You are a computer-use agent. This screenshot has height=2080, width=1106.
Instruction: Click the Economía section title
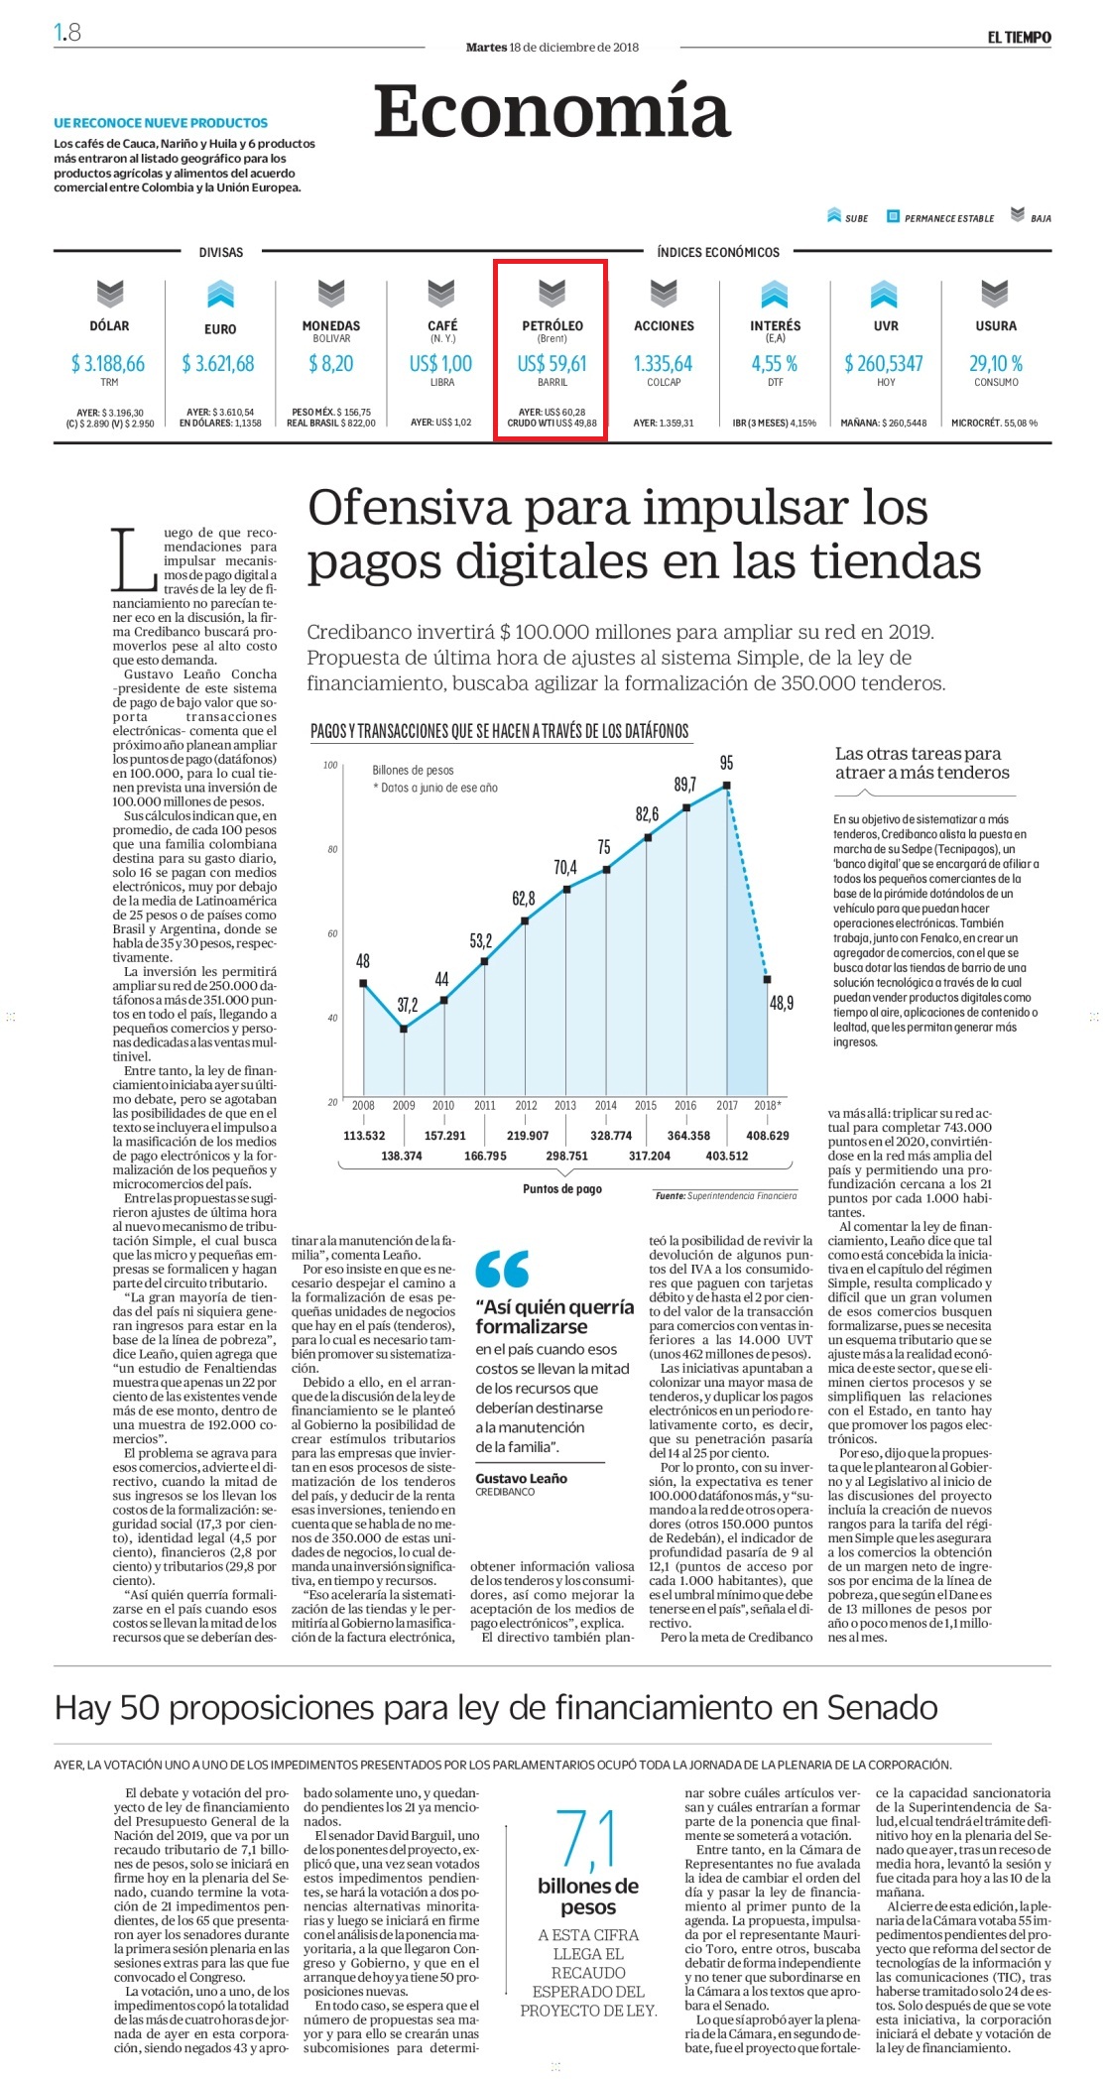pos(552,111)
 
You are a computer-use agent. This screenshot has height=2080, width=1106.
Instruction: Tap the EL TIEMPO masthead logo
pos(1019,38)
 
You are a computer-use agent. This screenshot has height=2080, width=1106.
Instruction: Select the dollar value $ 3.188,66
pos(108,364)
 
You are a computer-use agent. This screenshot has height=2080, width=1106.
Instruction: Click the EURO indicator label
pos(220,329)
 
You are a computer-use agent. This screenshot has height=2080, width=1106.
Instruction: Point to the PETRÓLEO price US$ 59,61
pos(553,364)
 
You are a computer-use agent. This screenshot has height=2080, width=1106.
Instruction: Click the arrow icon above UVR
pos(884,294)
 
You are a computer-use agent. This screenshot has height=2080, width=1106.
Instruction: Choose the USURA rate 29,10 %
pos(996,364)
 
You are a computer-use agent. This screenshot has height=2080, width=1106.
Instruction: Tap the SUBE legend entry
pos(847,216)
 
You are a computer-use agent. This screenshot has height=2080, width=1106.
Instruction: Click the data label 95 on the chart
pos(727,763)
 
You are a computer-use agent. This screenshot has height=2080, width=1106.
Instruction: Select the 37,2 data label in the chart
pos(407,1005)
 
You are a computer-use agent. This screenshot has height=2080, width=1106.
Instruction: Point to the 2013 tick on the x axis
pos(565,1105)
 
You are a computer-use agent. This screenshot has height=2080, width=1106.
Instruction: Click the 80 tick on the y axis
pos(332,849)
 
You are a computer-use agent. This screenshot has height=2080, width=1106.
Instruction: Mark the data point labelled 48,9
pos(767,979)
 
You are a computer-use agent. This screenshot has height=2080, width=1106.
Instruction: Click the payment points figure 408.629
pos(768,1136)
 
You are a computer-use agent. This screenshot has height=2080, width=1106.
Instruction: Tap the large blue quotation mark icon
pos(502,1269)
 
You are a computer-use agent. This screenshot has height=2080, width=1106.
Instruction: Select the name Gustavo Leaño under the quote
pos(522,1478)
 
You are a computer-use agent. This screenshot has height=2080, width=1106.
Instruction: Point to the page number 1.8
pos(67,33)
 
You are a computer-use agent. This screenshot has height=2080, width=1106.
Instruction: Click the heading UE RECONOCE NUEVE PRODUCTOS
pos(161,123)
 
